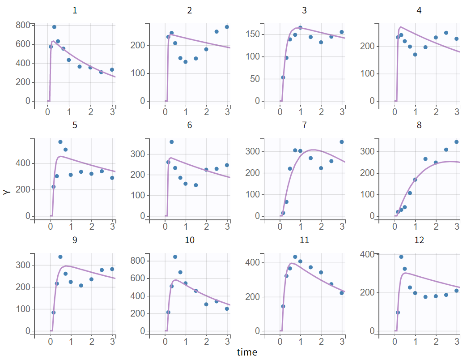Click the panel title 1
(75, 11)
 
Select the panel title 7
(304, 125)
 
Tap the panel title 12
(419, 240)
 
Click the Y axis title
(6, 192)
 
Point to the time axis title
(247, 352)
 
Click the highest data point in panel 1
(54, 27)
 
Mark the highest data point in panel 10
(175, 257)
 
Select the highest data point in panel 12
(401, 257)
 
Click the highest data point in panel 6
(171, 142)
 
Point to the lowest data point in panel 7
(283, 213)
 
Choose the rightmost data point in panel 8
(457, 142)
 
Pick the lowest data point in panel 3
(283, 77)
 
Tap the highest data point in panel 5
(60, 142)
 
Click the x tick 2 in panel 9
(92, 341)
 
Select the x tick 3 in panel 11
(342, 341)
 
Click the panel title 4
(419, 11)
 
